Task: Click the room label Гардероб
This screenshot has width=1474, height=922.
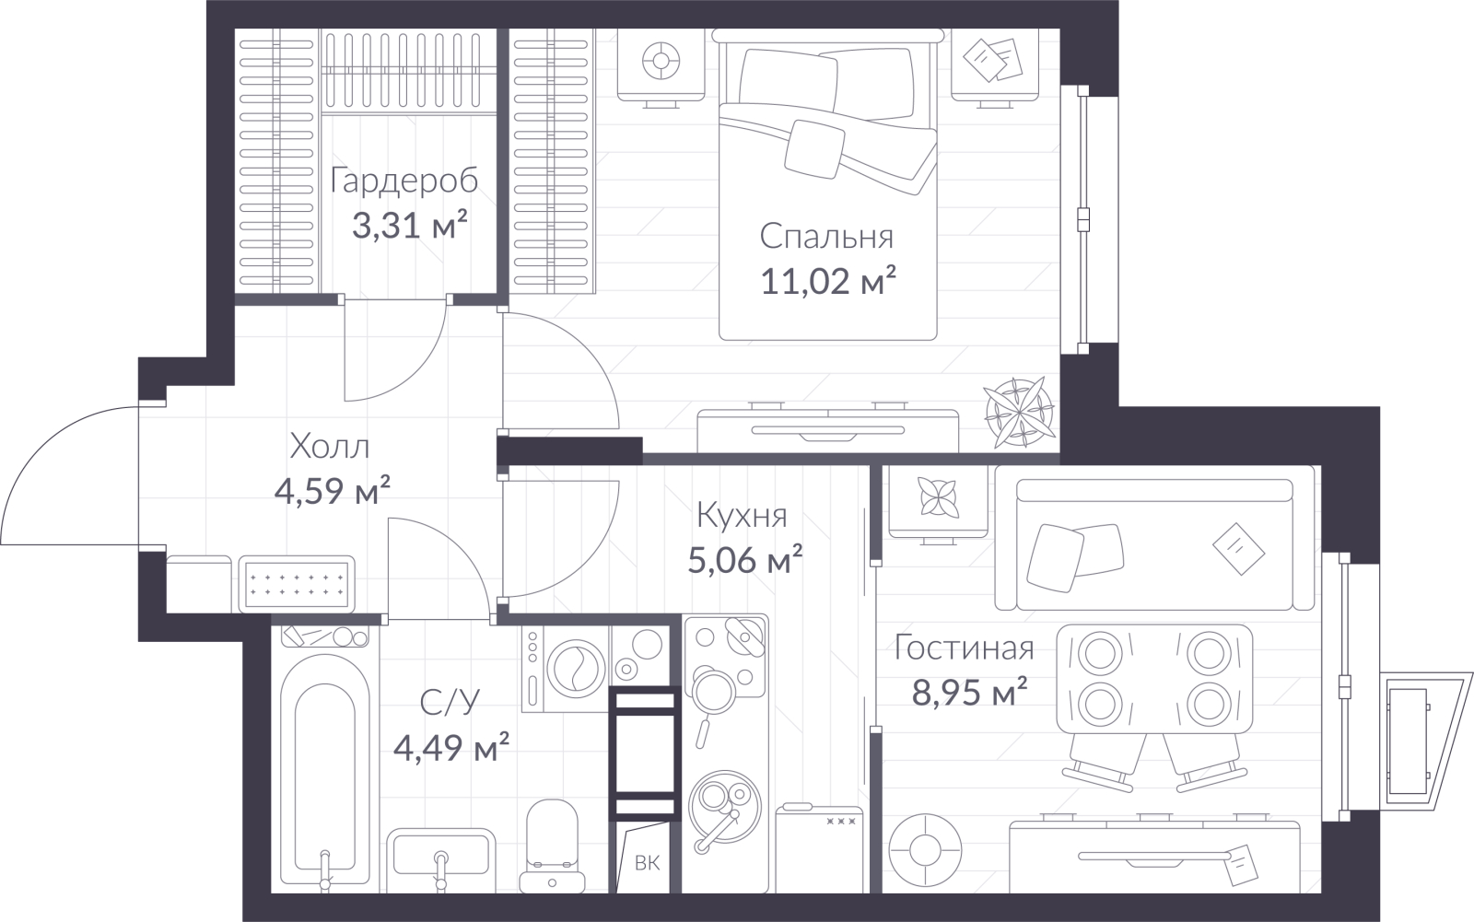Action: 404,181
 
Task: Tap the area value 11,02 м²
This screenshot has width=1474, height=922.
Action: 828,281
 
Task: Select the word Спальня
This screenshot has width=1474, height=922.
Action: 826,237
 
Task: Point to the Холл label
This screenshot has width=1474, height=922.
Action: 330,447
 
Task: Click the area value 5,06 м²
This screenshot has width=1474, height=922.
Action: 745,559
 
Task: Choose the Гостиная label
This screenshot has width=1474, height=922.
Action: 964,648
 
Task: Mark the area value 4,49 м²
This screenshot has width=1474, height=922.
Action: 451,746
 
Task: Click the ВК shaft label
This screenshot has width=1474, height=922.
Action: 647,863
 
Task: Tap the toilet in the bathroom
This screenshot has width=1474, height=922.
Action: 552,846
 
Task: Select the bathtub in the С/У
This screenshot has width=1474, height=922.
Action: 324,770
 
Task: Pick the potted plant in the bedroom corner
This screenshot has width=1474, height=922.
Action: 1019,412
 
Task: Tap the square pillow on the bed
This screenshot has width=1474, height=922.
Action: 814,148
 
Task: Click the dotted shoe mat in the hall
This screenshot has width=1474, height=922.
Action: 296,584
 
